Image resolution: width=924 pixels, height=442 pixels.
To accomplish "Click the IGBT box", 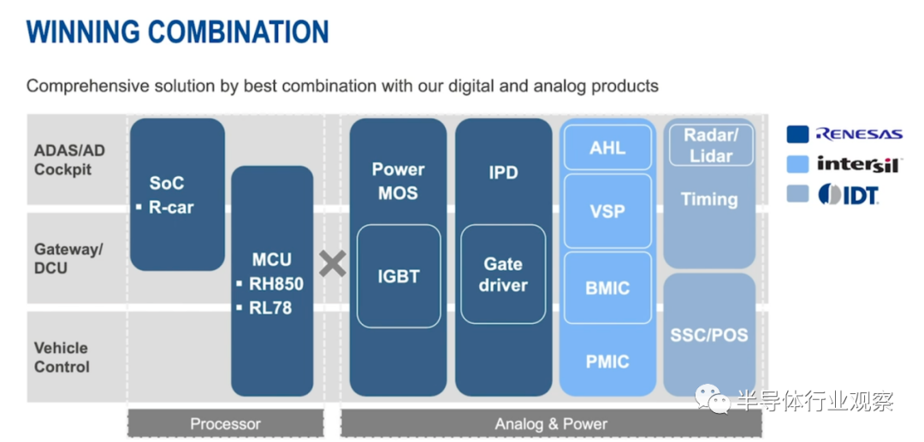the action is (x=399, y=276).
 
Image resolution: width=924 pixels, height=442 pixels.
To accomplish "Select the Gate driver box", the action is (x=503, y=274).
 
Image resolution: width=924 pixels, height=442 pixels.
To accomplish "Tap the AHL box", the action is (x=607, y=147).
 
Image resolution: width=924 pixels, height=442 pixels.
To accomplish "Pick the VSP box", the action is (x=607, y=210).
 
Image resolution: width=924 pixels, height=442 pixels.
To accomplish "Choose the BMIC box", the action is (x=607, y=288).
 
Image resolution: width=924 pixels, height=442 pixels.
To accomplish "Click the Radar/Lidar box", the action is (x=711, y=145).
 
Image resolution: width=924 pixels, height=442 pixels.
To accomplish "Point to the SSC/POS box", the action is (x=709, y=334).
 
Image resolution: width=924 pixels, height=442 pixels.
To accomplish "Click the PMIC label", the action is (x=607, y=361).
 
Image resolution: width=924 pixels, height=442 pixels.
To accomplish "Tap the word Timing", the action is (x=709, y=199).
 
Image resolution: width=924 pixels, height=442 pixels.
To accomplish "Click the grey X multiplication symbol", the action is (x=332, y=263).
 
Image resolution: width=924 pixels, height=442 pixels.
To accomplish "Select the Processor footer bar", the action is (x=226, y=423).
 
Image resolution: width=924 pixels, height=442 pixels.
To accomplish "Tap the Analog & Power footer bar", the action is (x=551, y=423).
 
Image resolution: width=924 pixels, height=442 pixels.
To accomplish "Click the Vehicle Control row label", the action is (x=62, y=357).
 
